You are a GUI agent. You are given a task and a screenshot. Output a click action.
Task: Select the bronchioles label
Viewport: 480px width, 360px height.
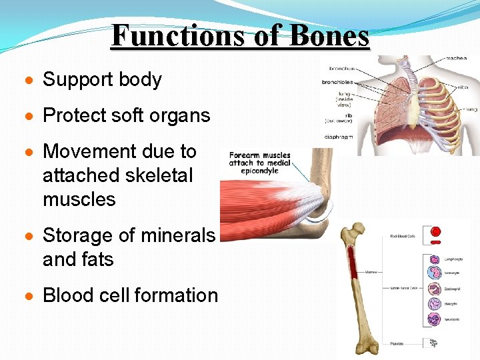coord(337,83)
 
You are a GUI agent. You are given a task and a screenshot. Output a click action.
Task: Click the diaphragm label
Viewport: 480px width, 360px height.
coord(339,137)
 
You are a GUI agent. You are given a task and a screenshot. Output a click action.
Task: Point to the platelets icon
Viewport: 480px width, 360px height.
coord(433,343)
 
